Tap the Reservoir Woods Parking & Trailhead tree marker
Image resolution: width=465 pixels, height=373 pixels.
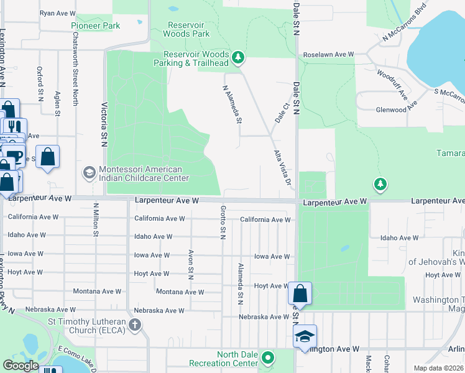pyautogui.click(x=237, y=58)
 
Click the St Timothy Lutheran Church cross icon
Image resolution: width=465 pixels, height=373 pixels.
pyautogui.click(x=135, y=325)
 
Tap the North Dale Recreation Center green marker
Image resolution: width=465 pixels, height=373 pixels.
pyautogui.click(x=268, y=358)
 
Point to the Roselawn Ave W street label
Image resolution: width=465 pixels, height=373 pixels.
pyautogui.click(x=328, y=55)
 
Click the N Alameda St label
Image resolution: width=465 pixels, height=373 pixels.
pyautogui.click(x=231, y=104)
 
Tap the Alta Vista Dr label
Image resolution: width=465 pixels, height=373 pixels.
pyautogui.click(x=282, y=168)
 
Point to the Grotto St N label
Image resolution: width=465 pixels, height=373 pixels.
pyautogui.click(x=222, y=222)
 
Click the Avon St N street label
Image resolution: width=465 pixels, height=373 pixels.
pyautogui.click(x=189, y=265)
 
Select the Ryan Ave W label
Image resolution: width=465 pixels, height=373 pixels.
pyautogui.click(x=57, y=13)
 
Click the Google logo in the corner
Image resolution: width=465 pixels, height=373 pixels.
pyautogui.click(x=21, y=366)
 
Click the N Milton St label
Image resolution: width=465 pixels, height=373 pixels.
pyautogui.click(x=96, y=219)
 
